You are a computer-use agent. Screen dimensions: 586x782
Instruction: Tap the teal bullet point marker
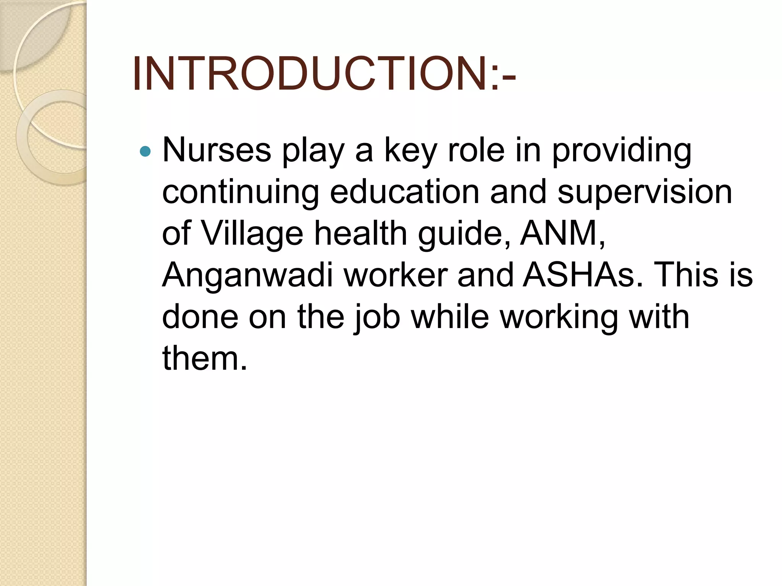145,151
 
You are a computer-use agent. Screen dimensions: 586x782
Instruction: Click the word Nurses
217,150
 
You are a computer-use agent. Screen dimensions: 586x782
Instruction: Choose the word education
404,192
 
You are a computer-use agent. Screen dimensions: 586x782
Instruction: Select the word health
360,233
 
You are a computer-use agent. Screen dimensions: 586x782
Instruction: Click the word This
686,275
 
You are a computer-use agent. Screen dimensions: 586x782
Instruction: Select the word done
200,317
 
